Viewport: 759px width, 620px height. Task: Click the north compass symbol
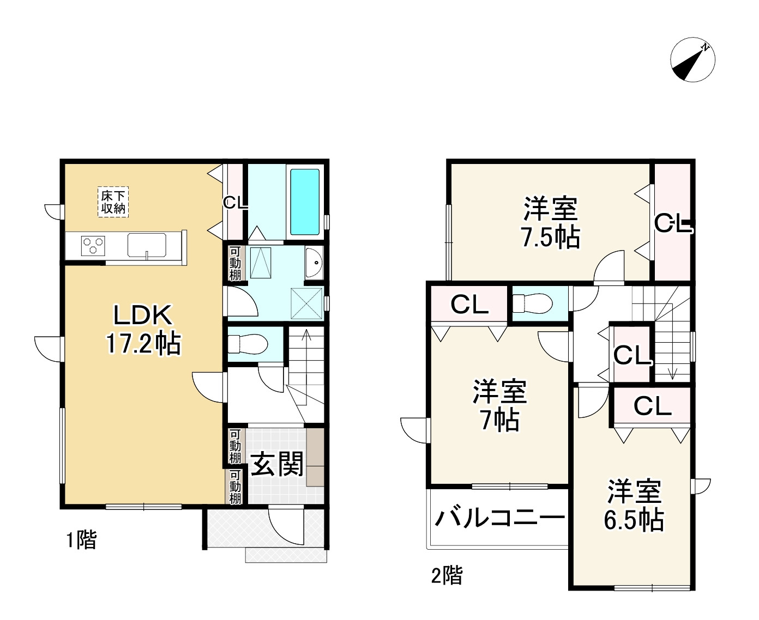[692, 60]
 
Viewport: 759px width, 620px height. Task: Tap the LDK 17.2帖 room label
[143, 329]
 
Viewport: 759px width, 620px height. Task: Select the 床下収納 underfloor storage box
[113, 201]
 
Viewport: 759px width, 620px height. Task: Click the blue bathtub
[304, 202]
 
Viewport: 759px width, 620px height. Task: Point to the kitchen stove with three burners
[93, 245]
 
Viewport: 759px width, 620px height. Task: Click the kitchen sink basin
[147, 245]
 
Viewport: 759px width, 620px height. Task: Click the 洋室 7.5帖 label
[551, 223]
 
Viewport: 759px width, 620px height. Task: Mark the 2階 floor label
[447, 575]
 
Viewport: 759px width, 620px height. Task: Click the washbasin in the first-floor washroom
[315, 263]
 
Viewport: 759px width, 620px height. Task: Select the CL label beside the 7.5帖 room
[673, 223]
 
